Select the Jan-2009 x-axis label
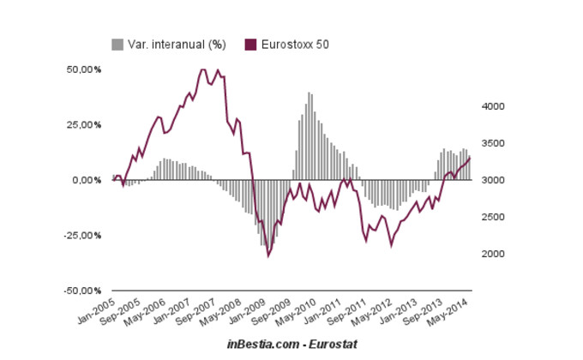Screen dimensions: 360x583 point(247,309)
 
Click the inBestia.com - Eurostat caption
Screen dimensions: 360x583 point(291,344)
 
